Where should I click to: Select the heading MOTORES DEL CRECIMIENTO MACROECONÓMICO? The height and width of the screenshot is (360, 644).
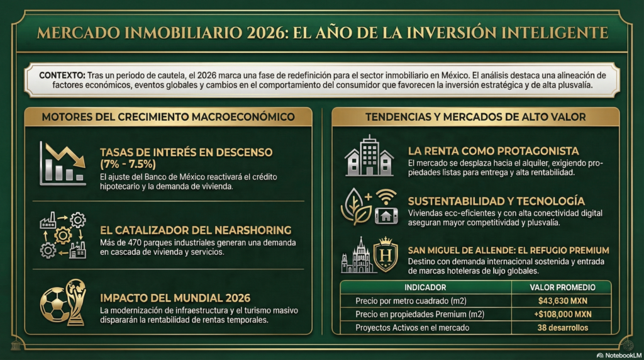coord(168,116)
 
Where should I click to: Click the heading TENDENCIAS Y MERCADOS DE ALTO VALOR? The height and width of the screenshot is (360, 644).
coord(475,116)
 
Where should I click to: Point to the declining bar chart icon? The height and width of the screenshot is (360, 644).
coord(62,163)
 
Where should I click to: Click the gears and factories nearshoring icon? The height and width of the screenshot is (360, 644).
coord(62,235)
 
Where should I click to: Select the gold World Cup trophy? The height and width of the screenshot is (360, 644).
coord(76,301)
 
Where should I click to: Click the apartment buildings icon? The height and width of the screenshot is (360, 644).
coord(369,156)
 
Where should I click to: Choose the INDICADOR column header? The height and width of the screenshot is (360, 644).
coord(426,287)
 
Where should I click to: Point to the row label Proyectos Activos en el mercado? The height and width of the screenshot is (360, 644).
coord(411,327)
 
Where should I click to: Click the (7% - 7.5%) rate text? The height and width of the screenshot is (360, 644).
coord(128,164)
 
